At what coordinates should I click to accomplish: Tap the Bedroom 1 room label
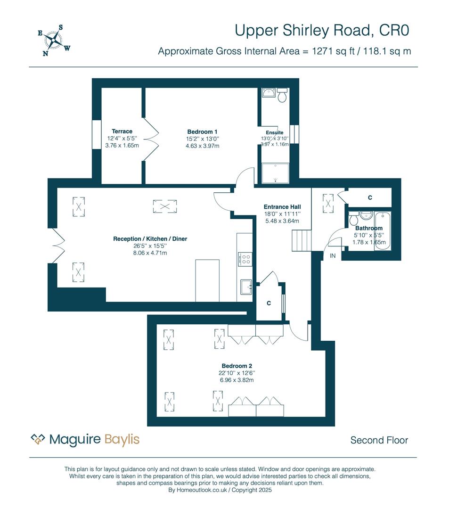click(x=202, y=132)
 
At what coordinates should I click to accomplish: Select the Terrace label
click(x=122, y=131)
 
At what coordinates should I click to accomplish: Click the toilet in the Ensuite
click(x=282, y=95)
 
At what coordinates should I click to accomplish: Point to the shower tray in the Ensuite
click(x=275, y=173)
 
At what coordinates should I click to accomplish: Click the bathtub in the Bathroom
click(x=383, y=231)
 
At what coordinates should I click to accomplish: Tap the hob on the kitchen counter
click(x=245, y=259)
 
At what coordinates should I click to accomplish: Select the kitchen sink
click(x=246, y=287)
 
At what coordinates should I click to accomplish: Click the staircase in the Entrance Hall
click(x=302, y=240)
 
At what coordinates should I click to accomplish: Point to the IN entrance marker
click(x=333, y=256)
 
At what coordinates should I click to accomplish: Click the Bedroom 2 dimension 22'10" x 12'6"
click(x=237, y=373)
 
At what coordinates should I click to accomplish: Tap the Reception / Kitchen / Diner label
click(x=150, y=239)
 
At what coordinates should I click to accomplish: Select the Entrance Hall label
click(x=282, y=207)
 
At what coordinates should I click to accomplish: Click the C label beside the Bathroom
click(x=370, y=197)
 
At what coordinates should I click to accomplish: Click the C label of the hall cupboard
click(x=269, y=303)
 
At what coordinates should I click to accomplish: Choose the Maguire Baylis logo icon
click(x=38, y=439)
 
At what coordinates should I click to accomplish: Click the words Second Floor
click(x=379, y=440)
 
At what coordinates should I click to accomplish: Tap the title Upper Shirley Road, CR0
click(x=322, y=31)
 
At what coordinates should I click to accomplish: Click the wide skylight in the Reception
click(x=165, y=206)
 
